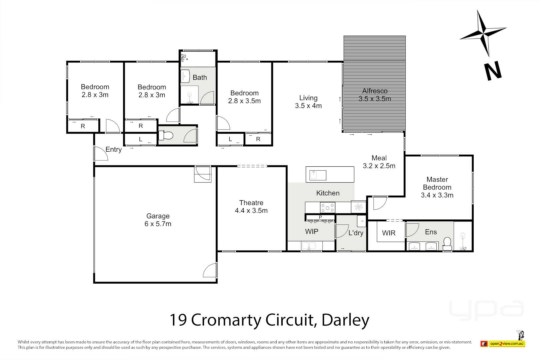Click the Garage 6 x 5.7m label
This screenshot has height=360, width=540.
click(x=158, y=220)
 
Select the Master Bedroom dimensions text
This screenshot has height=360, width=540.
click(x=437, y=195)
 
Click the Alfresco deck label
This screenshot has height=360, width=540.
click(x=375, y=95)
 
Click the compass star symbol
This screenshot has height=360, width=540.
click(x=483, y=33)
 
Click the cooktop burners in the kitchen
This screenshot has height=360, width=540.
click(x=327, y=208)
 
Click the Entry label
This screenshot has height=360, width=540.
click(x=114, y=149)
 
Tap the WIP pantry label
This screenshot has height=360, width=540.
click(x=312, y=231)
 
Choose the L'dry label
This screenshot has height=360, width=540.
click(x=356, y=233)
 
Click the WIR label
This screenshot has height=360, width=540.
click(x=389, y=233)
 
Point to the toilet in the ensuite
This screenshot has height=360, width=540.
click(x=447, y=243)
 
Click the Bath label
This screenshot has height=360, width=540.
click(x=200, y=77)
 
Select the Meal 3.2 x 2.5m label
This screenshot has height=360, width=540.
click(x=379, y=162)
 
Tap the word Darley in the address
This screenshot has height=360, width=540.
click(x=345, y=320)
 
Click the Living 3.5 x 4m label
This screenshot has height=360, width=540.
click(x=308, y=102)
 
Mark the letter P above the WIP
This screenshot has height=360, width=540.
click(x=320, y=217)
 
